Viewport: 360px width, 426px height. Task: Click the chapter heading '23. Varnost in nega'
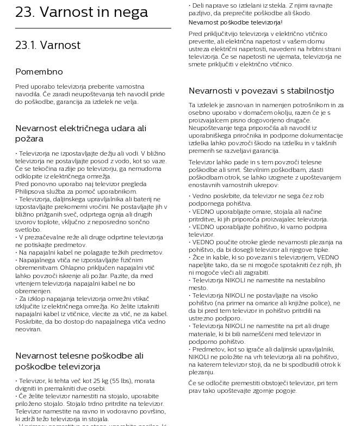pos(82,13)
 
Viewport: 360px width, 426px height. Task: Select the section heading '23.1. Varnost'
pos(48,45)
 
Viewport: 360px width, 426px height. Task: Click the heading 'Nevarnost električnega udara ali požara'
pos(80,133)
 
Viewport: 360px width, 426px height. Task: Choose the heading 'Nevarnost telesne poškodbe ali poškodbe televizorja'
pos(79,361)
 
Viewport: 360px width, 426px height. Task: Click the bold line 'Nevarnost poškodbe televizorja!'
pos(235,22)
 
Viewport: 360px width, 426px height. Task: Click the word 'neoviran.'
pos(28,329)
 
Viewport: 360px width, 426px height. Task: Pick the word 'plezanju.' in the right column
pos(201,372)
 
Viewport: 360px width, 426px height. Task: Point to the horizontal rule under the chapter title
pos(93,28)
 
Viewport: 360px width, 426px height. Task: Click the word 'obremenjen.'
pos(33,291)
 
